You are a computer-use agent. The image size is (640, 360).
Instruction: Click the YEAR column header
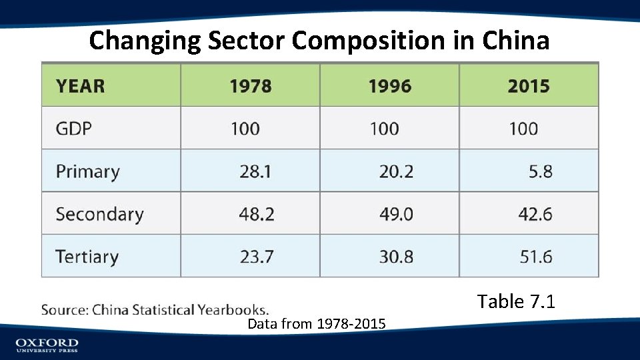click(x=80, y=86)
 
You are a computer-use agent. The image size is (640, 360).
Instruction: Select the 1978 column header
click(x=251, y=86)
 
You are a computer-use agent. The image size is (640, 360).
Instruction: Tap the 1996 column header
click(x=390, y=86)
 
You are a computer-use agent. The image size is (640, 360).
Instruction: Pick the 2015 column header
click(x=529, y=86)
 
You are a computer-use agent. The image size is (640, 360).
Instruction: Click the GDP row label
click(x=73, y=128)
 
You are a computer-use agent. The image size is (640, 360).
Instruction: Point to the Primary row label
click(x=87, y=171)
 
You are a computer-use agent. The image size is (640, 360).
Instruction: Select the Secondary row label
click(x=99, y=214)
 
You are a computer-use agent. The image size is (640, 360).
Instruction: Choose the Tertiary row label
click(x=87, y=257)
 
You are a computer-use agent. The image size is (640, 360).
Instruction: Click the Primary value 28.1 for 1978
click(x=255, y=171)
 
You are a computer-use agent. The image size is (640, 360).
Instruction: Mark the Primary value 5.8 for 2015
click(x=540, y=171)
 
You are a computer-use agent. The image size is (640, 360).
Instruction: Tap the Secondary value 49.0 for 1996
click(x=396, y=214)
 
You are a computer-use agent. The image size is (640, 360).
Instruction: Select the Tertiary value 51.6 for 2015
click(x=535, y=257)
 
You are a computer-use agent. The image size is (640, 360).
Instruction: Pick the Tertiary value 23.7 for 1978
click(x=257, y=257)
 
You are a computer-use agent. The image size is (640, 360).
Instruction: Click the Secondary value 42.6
click(x=535, y=214)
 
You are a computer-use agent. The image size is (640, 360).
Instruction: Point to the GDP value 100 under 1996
click(x=384, y=128)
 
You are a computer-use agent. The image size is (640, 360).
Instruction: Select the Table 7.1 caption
click(x=516, y=302)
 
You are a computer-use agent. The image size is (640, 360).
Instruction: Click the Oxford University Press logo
click(x=47, y=345)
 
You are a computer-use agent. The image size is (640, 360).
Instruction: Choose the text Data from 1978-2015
click(x=316, y=325)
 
